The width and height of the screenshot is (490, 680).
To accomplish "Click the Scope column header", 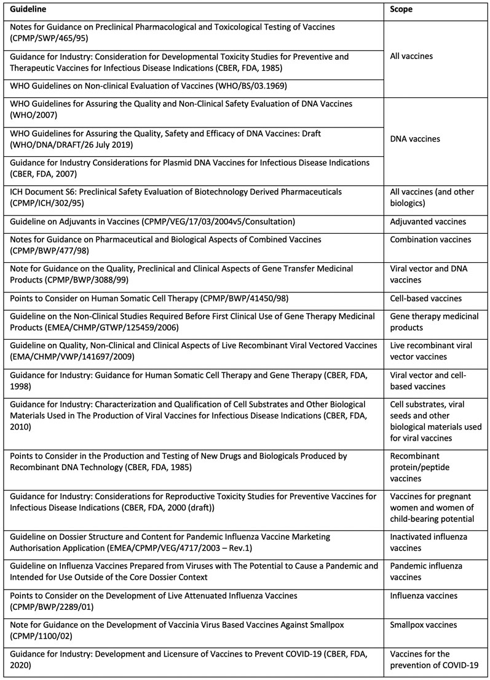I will [401, 10].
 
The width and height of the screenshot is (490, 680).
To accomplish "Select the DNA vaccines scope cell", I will [415, 139].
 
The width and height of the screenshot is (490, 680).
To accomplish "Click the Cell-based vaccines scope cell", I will [425, 298].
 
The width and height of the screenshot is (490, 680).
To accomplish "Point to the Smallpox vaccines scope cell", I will [423, 625].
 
